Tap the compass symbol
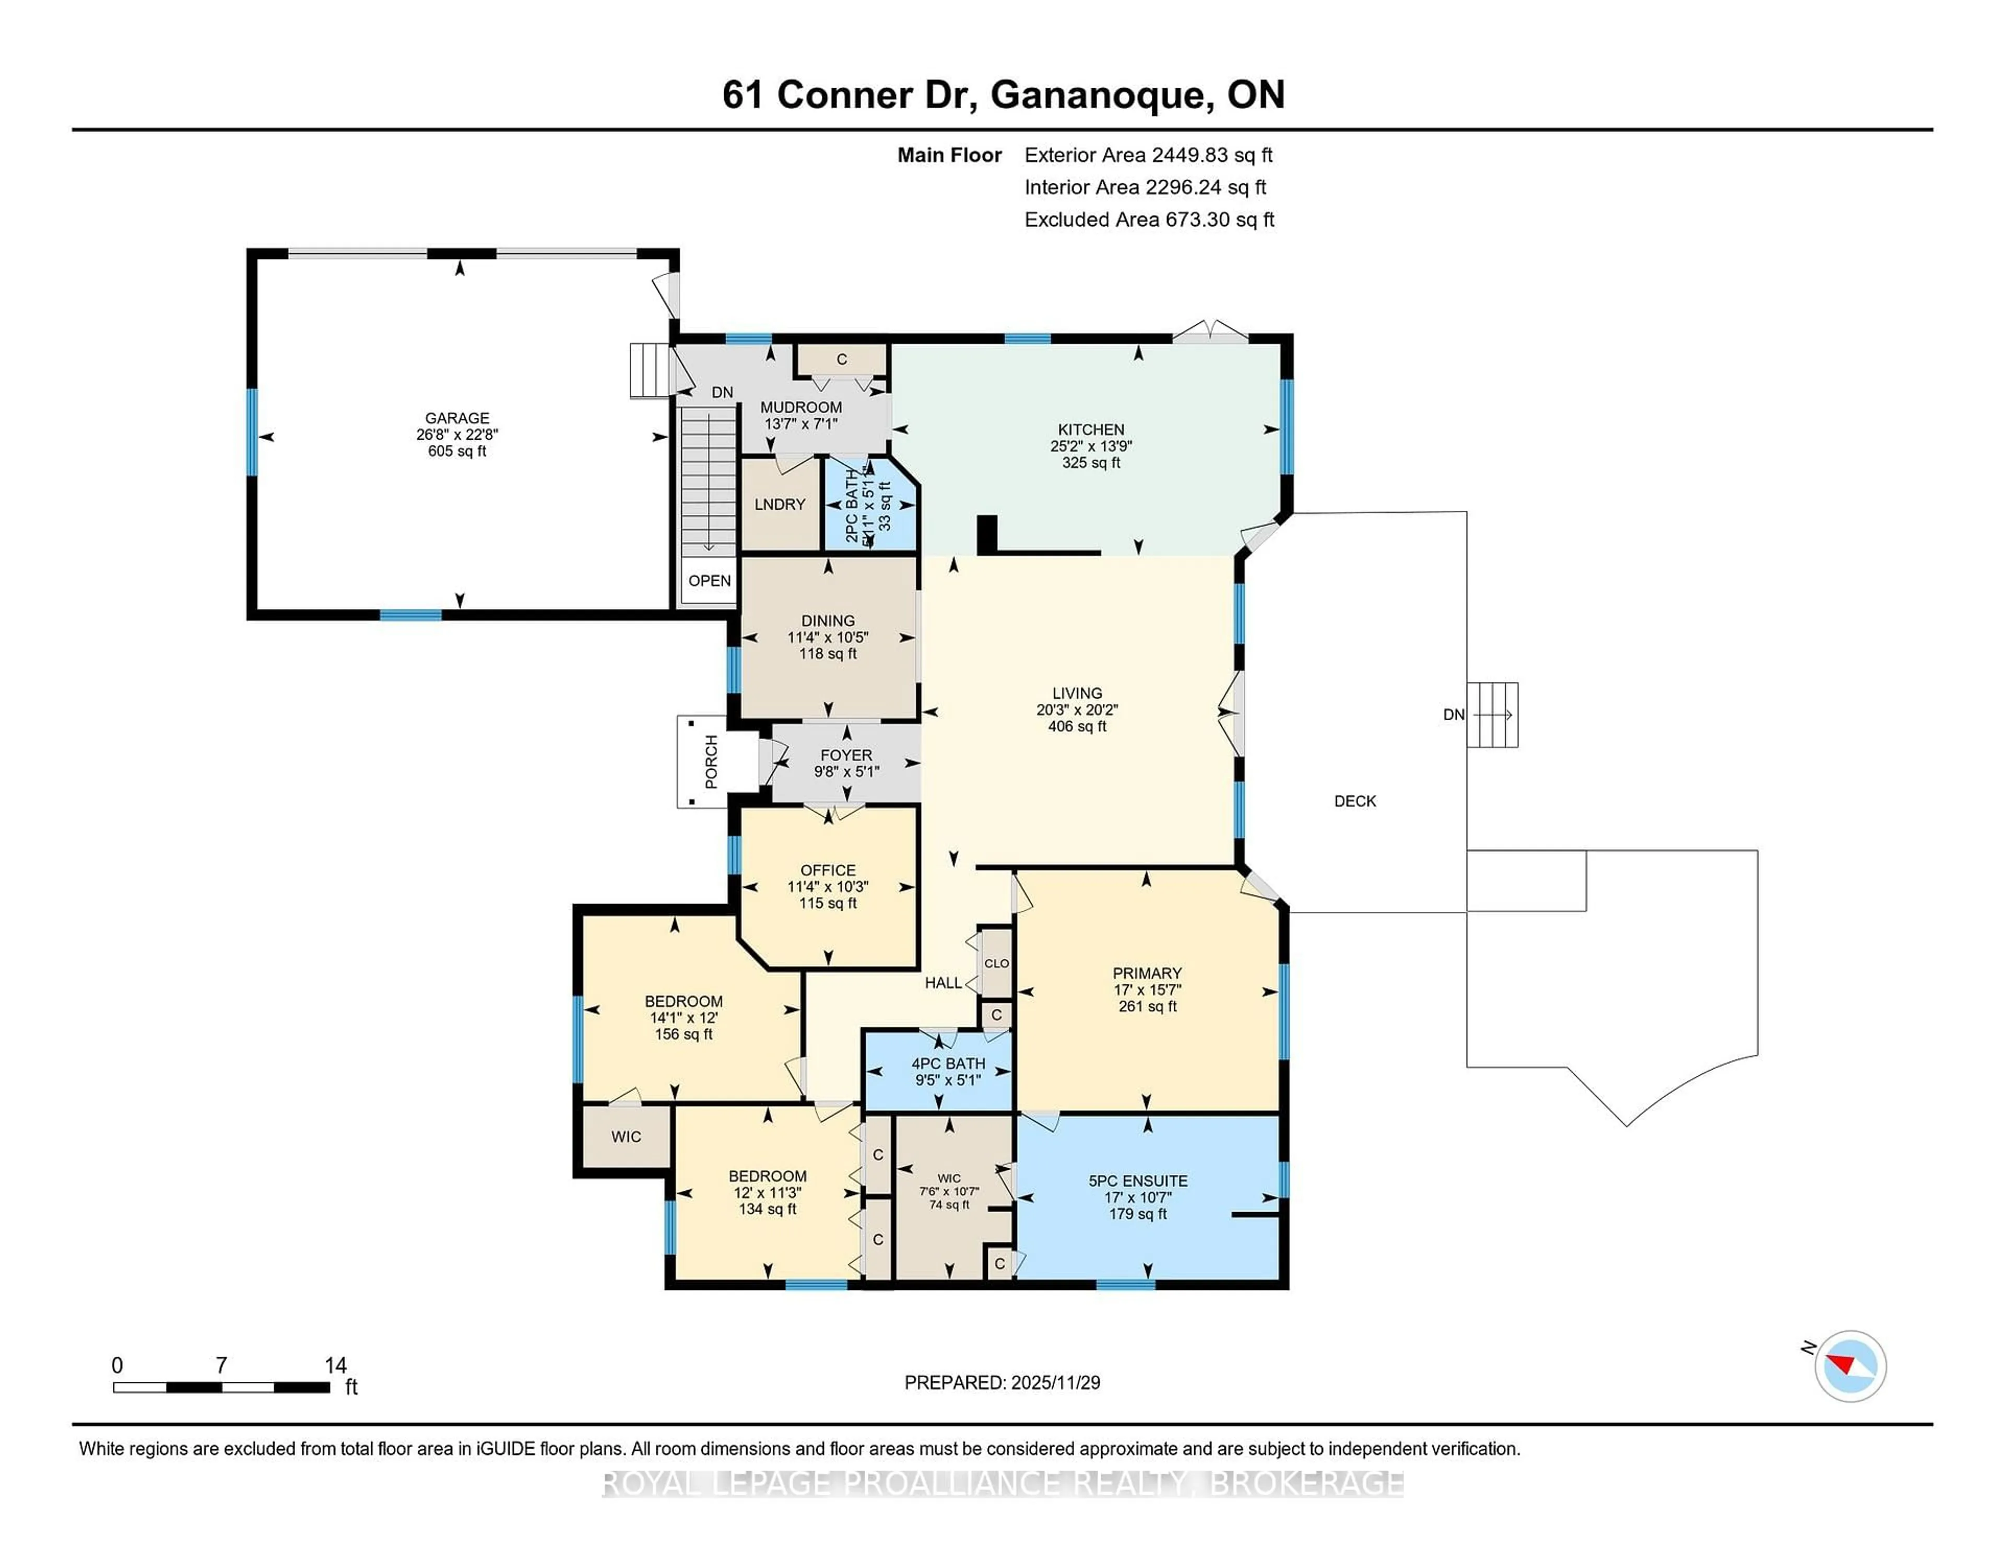coord(1850,1366)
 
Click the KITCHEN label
coord(1091,429)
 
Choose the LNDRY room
coord(780,504)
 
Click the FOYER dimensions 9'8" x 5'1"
coord(846,771)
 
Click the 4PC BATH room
coord(948,1072)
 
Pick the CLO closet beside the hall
coord(996,963)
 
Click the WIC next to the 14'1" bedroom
coord(626,1137)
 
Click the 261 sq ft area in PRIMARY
coord(1147,1006)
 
